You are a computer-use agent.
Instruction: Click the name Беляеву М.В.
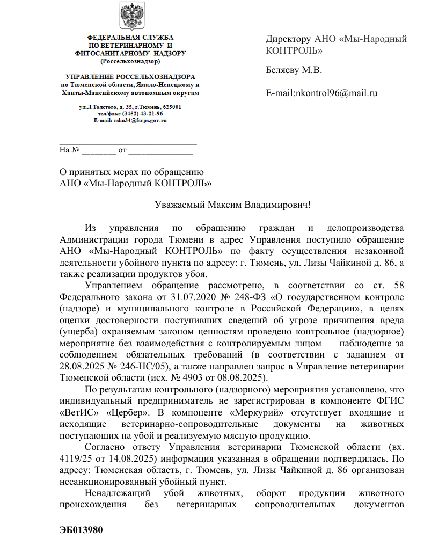294,70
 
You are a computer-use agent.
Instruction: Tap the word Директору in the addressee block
288,39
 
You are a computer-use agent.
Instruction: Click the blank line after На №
99,150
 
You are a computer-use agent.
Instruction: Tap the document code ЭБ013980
81,530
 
